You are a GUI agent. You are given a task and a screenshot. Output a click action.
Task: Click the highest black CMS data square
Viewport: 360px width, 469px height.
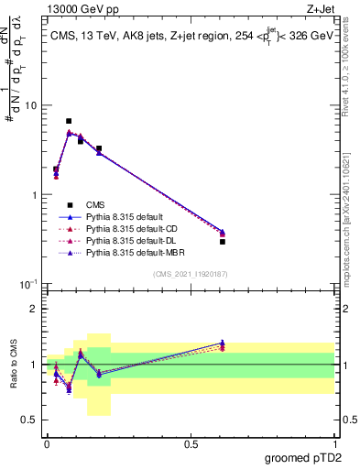click(x=69, y=121)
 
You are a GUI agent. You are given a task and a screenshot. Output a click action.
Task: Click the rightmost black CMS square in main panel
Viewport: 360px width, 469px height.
click(x=223, y=242)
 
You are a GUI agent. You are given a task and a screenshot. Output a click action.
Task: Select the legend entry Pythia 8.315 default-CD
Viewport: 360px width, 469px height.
click(x=132, y=228)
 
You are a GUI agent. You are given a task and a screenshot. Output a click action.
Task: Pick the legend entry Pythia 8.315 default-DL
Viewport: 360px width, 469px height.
click(x=131, y=240)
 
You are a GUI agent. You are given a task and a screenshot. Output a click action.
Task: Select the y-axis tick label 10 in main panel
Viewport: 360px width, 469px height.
click(x=29, y=105)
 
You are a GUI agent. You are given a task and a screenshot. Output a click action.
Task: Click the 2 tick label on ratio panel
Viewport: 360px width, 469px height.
click(x=34, y=309)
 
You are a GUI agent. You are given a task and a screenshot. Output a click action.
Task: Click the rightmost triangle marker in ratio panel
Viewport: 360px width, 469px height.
click(x=223, y=344)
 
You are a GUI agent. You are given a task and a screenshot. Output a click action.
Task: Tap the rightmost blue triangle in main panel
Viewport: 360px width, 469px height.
click(x=223, y=231)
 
